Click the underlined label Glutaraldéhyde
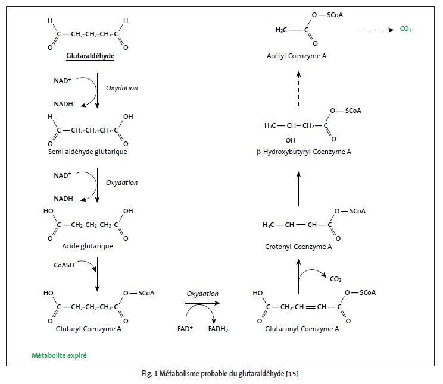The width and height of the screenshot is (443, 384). (91, 57)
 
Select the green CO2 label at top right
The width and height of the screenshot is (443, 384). (405, 29)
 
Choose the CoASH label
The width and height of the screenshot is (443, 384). (64, 266)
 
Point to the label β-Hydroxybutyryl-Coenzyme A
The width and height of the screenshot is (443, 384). (304, 152)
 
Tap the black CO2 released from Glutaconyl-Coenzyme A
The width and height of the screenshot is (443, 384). (336, 278)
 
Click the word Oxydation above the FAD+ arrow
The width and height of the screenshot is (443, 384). (202, 294)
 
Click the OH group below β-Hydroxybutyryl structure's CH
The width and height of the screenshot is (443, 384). (290, 140)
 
